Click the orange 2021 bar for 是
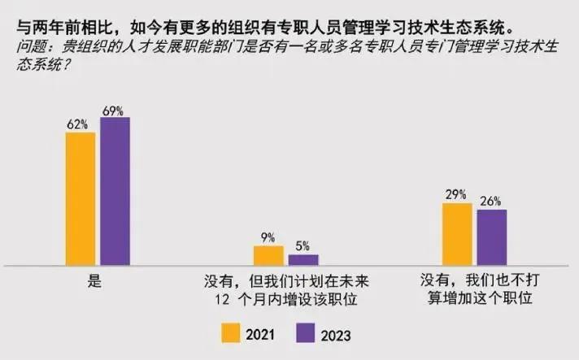81,198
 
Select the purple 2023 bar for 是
115,191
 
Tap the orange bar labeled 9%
268,256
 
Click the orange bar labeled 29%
457,234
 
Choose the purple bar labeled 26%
491,237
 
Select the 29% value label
455,195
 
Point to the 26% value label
490,202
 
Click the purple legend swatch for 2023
306,332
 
